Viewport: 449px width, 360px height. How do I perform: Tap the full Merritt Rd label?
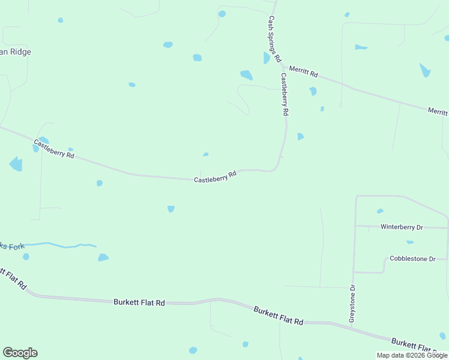tap(303, 72)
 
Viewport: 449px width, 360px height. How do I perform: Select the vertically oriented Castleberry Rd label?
tap(285, 94)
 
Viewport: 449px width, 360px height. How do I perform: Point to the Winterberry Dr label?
tap(402, 227)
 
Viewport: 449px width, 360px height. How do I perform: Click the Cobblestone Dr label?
tap(412, 259)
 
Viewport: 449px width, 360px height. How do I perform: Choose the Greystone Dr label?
tap(352, 303)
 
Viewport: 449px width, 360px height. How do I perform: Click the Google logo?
tap(20, 353)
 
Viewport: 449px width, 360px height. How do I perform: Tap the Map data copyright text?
tap(412, 355)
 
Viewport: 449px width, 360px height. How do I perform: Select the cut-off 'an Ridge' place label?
tap(16, 52)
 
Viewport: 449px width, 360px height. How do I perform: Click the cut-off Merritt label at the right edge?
tap(438, 112)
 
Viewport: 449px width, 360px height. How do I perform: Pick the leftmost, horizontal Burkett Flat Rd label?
tap(139, 303)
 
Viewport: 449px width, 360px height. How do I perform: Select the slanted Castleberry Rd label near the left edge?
tap(54, 149)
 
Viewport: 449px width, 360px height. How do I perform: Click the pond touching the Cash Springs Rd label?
tap(266, 58)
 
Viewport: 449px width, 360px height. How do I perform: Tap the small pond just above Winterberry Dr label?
tap(379, 211)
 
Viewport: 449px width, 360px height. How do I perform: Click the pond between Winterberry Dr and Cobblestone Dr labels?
tap(409, 242)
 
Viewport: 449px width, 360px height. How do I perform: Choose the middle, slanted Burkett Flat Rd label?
tap(278, 316)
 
